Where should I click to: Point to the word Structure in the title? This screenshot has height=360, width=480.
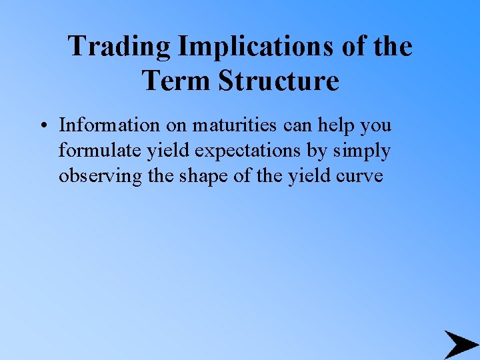pos(278,81)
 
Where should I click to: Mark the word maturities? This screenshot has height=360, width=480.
pos(235,125)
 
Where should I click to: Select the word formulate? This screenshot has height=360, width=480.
pos(93,151)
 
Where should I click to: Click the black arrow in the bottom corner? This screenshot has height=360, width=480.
pos(460,345)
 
